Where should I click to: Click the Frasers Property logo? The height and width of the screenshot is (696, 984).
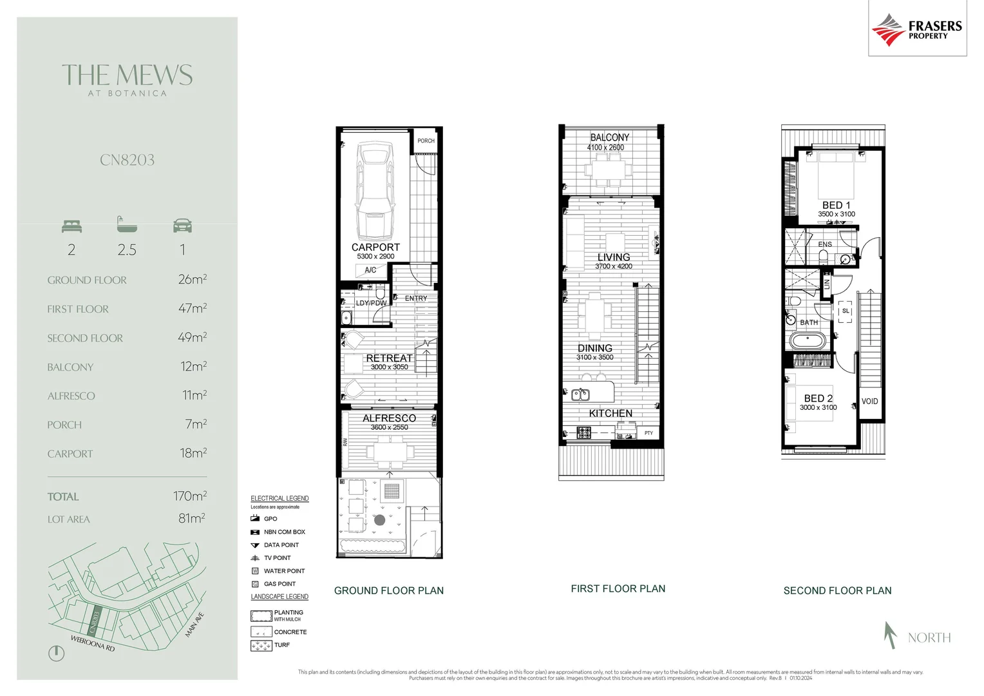pos(916,29)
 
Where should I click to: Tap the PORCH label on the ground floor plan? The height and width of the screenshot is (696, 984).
pos(426,140)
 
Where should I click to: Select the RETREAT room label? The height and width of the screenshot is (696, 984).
pos(389,358)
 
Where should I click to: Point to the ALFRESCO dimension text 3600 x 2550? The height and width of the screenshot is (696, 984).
pos(389,427)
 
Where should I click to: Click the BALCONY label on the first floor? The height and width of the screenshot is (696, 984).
pos(609,137)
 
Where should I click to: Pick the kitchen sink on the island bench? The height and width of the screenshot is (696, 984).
pos(580,394)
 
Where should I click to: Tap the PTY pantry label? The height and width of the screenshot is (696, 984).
pos(648,433)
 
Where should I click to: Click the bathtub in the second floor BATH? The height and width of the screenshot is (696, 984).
pos(808,341)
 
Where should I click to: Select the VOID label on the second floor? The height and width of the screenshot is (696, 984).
pos(869,401)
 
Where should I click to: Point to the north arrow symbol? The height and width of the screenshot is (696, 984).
pos(891,635)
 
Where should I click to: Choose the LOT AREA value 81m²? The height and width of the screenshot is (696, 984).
pos(192,518)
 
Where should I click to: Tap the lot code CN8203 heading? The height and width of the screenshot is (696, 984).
pos(127,160)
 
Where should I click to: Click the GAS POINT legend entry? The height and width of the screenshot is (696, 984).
pos(279,584)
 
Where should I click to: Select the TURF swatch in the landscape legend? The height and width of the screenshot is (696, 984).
pos(261,645)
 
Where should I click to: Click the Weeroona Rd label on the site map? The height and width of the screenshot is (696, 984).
pos(92,643)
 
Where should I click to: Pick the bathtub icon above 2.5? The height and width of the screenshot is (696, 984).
pos(127,224)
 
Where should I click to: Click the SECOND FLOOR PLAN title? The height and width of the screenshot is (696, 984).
pos(837,590)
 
